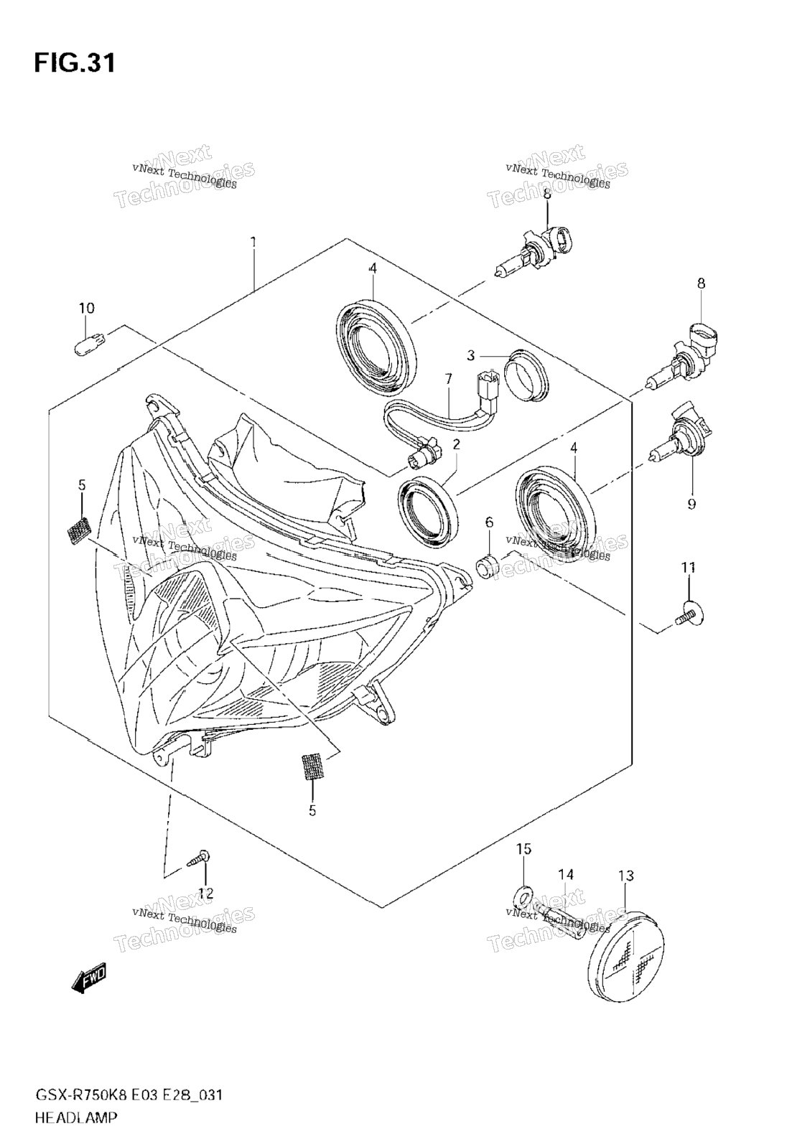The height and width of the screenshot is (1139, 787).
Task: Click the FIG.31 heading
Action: pyautogui.click(x=75, y=62)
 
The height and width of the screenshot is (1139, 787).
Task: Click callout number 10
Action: pyautogui.click(x=86, y=308)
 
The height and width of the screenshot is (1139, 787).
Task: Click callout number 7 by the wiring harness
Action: pyautogui.click(x=448, y=378)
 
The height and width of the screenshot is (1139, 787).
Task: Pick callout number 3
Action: pyautogui.click(x=471, y=355)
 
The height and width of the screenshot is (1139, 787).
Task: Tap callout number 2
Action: pyautogui.click(x=456, y=444)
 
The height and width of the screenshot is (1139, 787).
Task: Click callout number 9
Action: pyautogui.click(x=691, y=503)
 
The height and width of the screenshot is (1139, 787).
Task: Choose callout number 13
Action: pyautogui.click(x=626, y=876)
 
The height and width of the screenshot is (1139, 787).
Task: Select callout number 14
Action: pyautogui.click(x=566, y=874)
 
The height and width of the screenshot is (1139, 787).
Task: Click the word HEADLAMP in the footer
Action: pyautogui.click(x=76, y=1117)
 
